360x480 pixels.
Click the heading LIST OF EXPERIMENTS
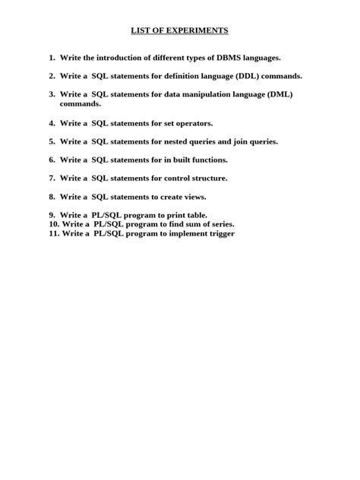[179, 30]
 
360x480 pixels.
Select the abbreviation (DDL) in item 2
[247, 76]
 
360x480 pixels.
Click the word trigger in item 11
[220, 234]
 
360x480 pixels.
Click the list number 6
[52, 159]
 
